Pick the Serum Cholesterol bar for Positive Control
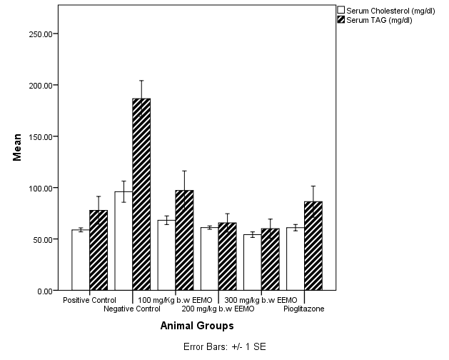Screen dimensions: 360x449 coord(81,260)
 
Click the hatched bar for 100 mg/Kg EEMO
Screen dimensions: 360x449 coord(184,240)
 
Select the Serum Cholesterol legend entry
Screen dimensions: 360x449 coord(383,10)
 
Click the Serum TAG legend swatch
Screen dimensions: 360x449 coord(341,20)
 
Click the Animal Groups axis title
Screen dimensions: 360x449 coord(196,326)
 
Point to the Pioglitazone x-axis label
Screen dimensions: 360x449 coord(303,309)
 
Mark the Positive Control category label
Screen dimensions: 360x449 coord(89,299)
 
